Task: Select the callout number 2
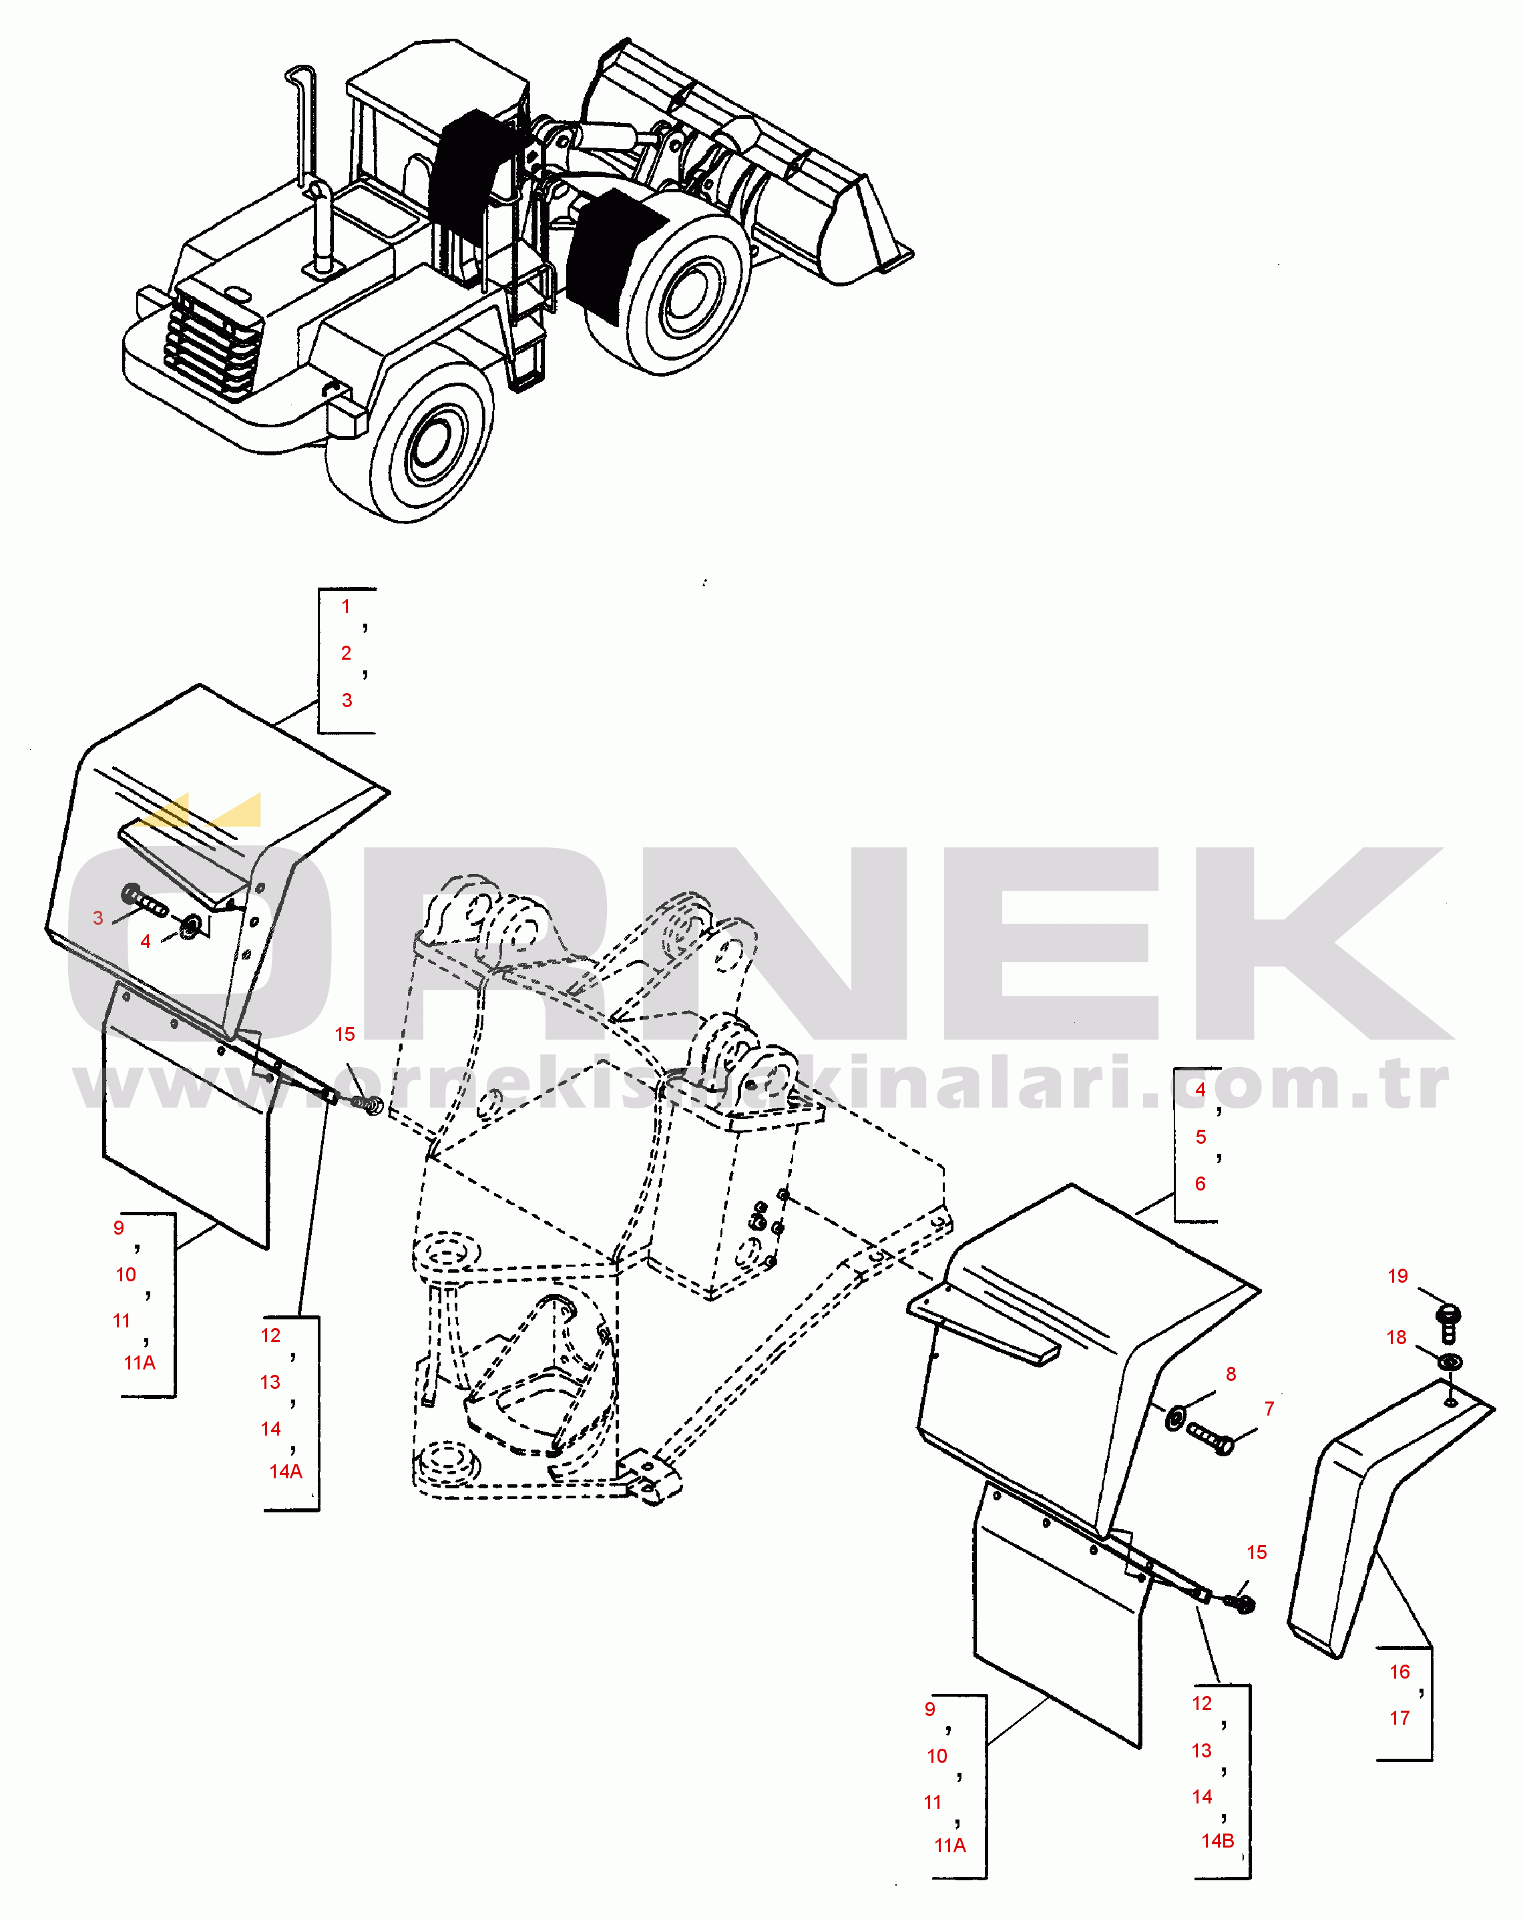click(347, 652)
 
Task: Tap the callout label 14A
click(286, 1471)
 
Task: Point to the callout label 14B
click(1218, 1841)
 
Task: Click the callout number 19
click(1397, 1275)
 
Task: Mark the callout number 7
click(1269, 1409)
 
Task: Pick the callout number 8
click(1231, 1374)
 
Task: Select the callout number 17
click(1400, 1718)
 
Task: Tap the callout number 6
click(1200, 1184)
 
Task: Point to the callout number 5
click(1201, 1136)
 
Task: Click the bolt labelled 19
click(1448, 1323)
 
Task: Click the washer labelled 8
click(1176, 1417)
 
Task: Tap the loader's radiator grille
click(214, 343)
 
